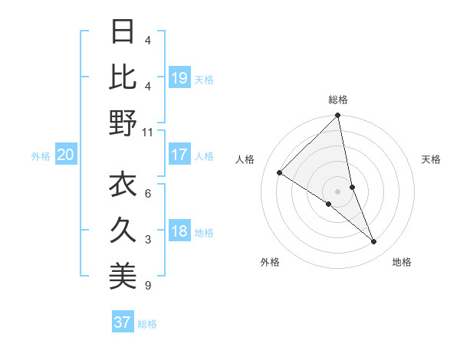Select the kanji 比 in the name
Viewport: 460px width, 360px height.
123,77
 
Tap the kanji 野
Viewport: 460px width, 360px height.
123,123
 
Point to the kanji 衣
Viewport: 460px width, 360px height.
123,185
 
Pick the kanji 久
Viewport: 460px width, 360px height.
123,231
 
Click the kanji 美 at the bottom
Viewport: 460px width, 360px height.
123,277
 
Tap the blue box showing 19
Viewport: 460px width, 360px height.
179,77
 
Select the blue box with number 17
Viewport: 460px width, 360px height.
179,155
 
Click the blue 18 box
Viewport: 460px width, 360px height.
179,232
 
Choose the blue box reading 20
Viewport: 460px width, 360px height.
65,155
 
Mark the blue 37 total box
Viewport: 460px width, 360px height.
122,322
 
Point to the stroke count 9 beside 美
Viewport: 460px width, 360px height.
147,286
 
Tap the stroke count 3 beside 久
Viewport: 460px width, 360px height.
147,241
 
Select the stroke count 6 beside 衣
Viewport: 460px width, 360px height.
147,194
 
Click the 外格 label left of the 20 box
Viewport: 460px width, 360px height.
41,156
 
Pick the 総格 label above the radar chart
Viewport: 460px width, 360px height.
338,100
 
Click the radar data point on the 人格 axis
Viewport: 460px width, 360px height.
280,173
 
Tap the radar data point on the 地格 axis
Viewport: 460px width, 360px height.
374,242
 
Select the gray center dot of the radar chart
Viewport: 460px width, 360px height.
338,191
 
